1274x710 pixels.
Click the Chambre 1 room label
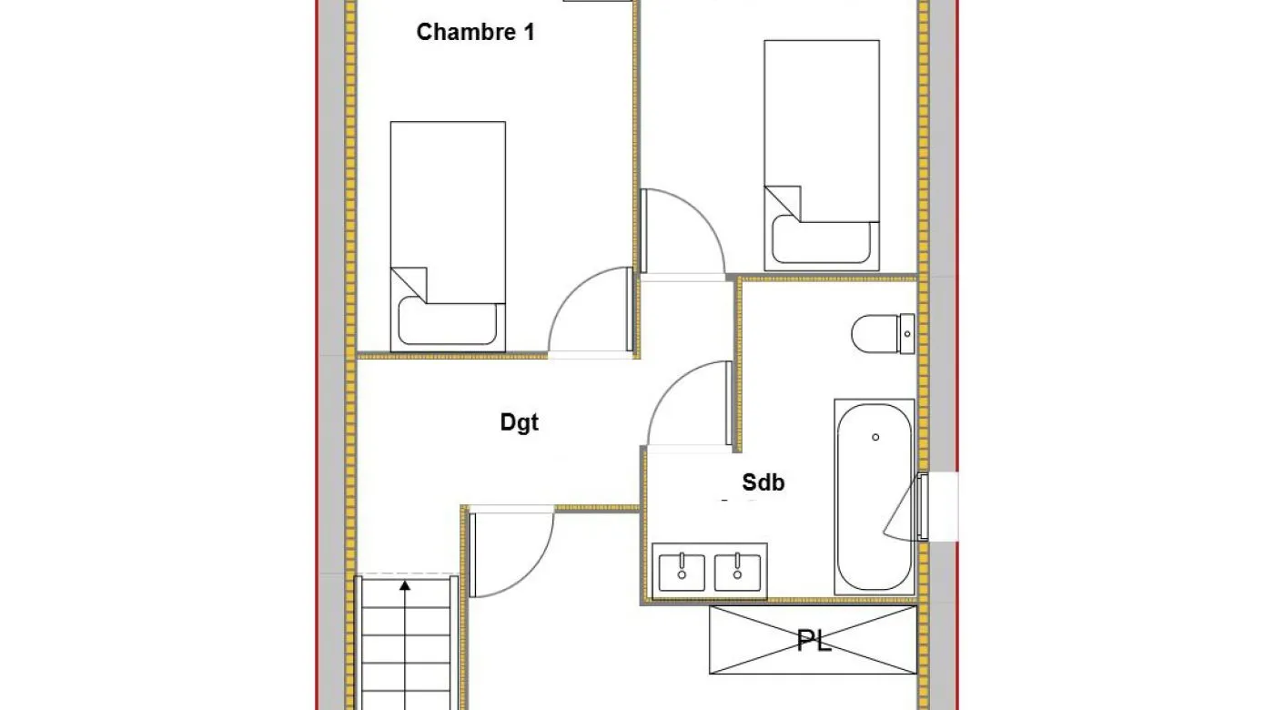(x=475, y=32)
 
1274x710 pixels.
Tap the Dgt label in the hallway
(x=520, y=422)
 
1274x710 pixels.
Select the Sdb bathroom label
(x=763, y=482)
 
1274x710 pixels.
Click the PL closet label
(x=814, y=641)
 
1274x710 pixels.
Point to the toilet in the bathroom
(x=883, y=334)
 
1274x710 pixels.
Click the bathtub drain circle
(x=875, y=437)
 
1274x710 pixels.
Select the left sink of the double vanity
(x=682, y=572)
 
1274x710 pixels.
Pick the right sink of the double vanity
(x=737, y=572)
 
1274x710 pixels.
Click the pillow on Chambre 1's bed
(x=447, y=320)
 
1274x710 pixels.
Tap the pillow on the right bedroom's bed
(x=821, y=239)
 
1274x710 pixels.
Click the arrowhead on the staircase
(x=404, y=585)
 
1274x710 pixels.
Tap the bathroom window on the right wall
(x=923, y=506)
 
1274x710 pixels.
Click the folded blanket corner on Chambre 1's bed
(x=409, y=284)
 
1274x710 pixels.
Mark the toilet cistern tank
(x=906, y=334)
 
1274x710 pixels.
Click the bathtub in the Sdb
(x=875, y=497)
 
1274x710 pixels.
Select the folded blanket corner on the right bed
(x=783, y=203)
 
